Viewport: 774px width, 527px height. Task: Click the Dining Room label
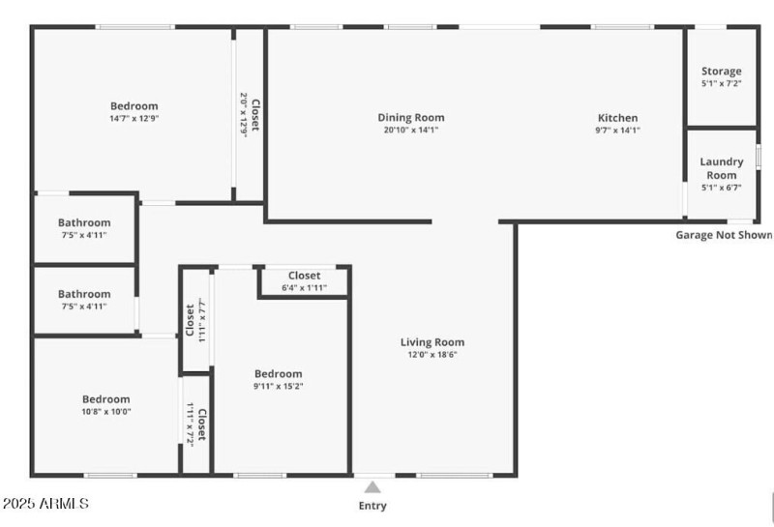pyautogui.click(x=410, y=117)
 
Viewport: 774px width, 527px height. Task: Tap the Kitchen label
pyautogui.click(x=617, y=118)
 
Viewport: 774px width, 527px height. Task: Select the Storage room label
pyautogui.click(x=721, y=71)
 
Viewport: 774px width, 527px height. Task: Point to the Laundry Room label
pyautogui.click(x=721, y=168)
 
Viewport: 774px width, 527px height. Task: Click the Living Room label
pyautogui.click(x=432, y=342)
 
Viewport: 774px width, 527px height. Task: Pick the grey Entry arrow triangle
pyautogui.click(x=372, y=487)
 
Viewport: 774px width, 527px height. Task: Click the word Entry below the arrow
pyautogui.click(x=372, y=506)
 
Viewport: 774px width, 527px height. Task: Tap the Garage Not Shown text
pyautogui.click(x=724, y=235)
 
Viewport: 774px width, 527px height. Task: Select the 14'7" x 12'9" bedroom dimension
pyautogui.click(x=134, y=118)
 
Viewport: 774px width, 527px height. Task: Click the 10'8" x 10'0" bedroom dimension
pyautogui.click(x=106, y=412)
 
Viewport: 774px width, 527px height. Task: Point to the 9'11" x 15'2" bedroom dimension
pyautogui.click(x=278, y=386)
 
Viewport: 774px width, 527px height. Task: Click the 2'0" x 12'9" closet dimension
pyautogui.click(x=244, y=115)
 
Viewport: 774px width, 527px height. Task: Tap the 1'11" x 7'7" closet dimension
pyautogui.click(x=201, y=320)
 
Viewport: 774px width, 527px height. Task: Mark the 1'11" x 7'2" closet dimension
pyautogui.click(x=190, y=425)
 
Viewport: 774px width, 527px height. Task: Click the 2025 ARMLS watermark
pyautogui.click(x=45, y=504)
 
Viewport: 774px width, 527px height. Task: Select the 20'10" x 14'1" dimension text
pyautogui.click(x=410, y=130)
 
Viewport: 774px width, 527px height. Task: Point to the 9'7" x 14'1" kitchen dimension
pyautogui.click(x=617, y=131)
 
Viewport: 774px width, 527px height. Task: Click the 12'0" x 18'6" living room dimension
pyautogui.click(x=432, y=354)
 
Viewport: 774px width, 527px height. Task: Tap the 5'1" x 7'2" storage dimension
pyautogui.click(x=721, y=83)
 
